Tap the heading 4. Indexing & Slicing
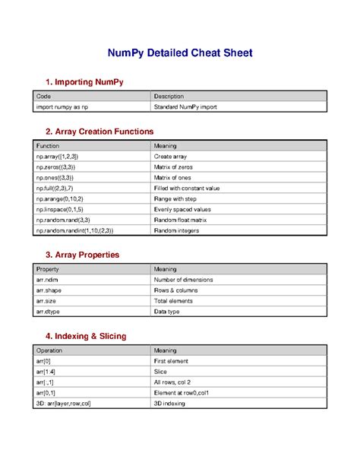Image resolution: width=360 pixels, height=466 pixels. click(86, 335)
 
